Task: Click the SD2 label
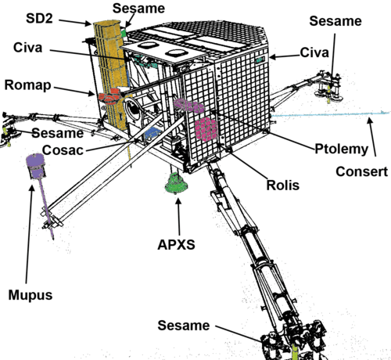pyautogui.click(x=39, y=19)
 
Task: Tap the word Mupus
pyautogui.click(x=30, y=295)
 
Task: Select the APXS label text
pyautogui.click(x=176, y=245)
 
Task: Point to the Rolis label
pyautogui.click(x=283, y=185)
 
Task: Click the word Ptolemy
pyautogui.click(x=342, y=149)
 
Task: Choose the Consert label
pyautogui.click(x=362, y=171)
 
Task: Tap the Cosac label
pyautogui.click(x=63, y=150)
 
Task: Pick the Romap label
pyautogui.click(x=27, y=85)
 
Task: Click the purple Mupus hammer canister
pyautogui.click(x=36, y=166)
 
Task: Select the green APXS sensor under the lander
pyautogui.click(x=176, y=183)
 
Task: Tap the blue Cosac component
pyautogui.click(x=151, y=132)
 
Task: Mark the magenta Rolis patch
pyautogui.click(x=206, y=129)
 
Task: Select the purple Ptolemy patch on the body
pyautogui.click(x=188, y=106)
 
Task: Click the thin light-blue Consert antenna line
pyautogui.click(x=330, y=114)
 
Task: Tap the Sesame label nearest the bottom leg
pyautogui.click(x=184, y=326)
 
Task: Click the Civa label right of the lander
pyautogui.click(x=314, y=52)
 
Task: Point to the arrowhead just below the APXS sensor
pyautogui.click(x=178, y=202)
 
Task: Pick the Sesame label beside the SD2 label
pyautogui.click(x=138, y=9)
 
